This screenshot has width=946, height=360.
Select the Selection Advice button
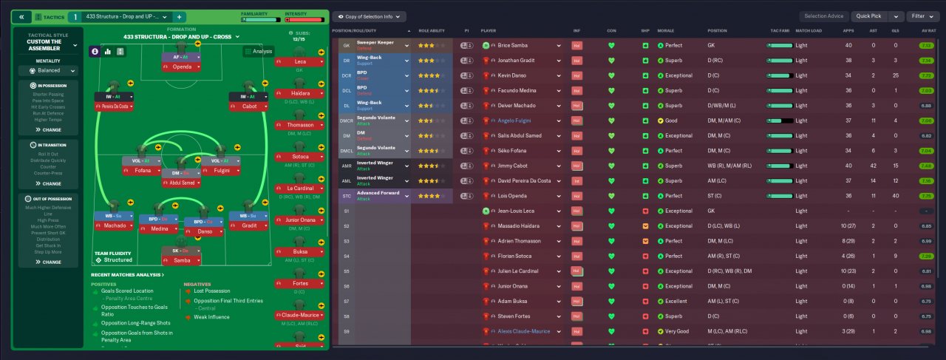click(x=823, y=16)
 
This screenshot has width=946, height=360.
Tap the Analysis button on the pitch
click(x=258, y=52)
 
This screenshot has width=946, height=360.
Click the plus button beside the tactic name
click(x=180, y=16)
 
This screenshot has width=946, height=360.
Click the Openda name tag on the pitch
click(x=182, y=67)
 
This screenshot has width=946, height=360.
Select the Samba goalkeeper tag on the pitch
click(x=182, y=261)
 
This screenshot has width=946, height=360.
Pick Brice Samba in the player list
click(x=514, y=45)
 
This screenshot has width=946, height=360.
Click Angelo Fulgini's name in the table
click(x=516, y=120)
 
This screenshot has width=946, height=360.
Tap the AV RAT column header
click(x=923, y=31)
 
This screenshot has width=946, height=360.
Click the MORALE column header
click(x=666, y=31)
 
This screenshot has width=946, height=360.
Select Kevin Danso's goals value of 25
click(x=894, y=75)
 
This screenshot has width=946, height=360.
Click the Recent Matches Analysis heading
click(x=127, y=275)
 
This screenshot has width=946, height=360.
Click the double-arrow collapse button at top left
click(x=21, y=16)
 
